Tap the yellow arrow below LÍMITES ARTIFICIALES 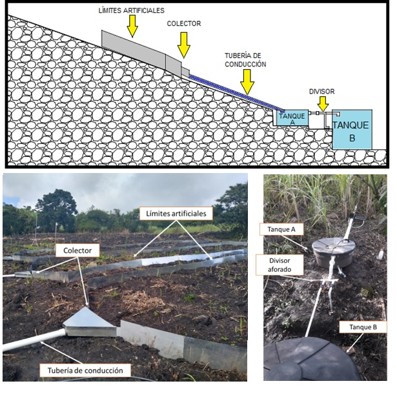tap(132, 25)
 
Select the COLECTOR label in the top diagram tap(184, 23)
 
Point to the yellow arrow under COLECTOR tap(184, 44)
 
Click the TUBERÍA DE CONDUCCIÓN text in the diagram tap(245, 60)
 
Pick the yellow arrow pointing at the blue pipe tap(246, 81)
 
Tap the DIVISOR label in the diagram tap(321, 92)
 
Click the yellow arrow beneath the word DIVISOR tap(323, 104)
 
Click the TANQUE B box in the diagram tap(352, 129)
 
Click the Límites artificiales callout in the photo tap(175, 212)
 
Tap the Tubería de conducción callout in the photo tap(85, 370)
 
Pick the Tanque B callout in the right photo tap(362, 327)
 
